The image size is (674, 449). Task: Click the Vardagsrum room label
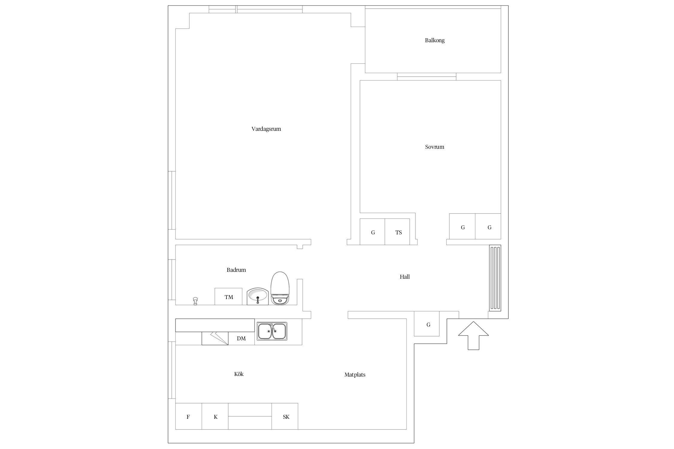[266, 129]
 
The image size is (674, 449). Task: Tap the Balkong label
[435, 40]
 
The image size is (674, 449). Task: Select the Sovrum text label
[434, 147]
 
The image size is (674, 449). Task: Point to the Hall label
[405, 277]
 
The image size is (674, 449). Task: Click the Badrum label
[236, 270]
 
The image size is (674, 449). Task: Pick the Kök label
[239, 374]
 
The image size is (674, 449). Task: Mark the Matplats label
[355, 374]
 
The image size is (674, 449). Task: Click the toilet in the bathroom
[280, 288]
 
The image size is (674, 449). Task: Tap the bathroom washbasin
[258, 296]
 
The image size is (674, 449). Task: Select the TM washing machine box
[229, 297]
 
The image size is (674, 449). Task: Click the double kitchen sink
[272, 331]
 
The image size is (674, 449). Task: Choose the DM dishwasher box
[241, 339]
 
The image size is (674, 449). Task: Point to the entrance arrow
[473, 336]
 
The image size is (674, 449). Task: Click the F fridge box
[188, 416]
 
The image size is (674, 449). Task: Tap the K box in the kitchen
[215, 416]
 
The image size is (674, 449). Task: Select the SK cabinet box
[285, 416]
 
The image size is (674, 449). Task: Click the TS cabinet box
[397, 232]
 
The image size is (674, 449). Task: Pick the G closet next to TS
[372, 232]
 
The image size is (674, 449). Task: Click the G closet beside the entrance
[427, 324]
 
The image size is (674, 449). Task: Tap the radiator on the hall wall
[495, 278]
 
